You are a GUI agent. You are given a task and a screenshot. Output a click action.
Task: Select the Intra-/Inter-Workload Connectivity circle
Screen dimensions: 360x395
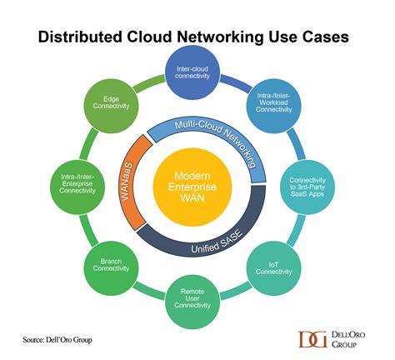click(x=273, y=102)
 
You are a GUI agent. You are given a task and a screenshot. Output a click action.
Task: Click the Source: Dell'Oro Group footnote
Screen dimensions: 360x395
click(x=63, y=339)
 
